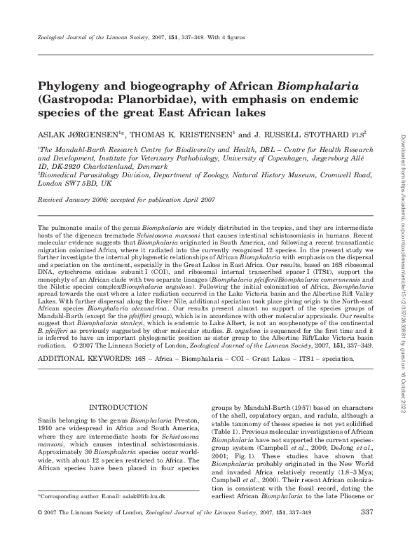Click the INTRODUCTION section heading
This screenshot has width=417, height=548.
(118, 406)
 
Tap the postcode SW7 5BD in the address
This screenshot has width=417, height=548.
(72, 184)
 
